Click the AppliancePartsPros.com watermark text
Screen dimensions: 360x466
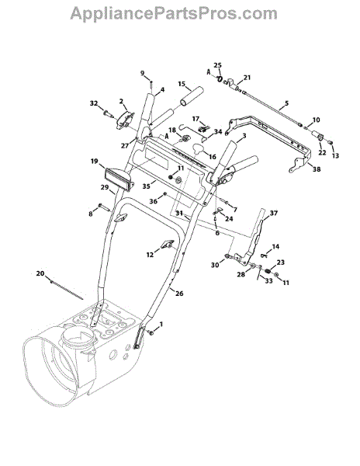click(x=174, y=14)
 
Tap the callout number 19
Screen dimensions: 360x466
click(x=95, y=162)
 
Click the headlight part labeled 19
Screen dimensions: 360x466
click(x=119, y=179)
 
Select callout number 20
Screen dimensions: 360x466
click(x=40, y=273)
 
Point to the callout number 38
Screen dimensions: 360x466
click(x=317, y=169)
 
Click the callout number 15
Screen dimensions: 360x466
click(x=182, y=84)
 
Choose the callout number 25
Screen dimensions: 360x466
click(x=218, y=65)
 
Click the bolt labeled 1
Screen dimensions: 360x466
click(x=151, y=333)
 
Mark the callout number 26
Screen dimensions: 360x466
click(x=179, y=294)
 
